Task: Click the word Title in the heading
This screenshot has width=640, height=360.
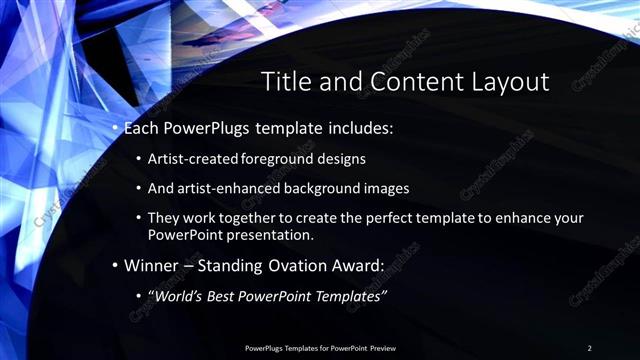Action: (283, 82)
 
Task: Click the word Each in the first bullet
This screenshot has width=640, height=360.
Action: (143, 129)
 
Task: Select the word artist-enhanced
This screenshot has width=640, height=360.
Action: (229, 188)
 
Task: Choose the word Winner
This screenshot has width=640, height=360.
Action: (151, 266)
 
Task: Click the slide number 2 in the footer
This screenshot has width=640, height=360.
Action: (589, 347)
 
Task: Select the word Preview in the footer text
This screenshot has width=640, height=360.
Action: (382, 347)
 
